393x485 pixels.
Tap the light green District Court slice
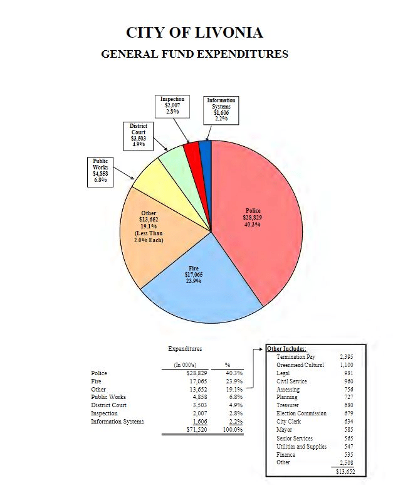pyautogui.click(x=172, y=157)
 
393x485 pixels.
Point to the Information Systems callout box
pyautogui.click(x=221, y=109)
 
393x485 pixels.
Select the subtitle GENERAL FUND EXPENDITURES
pyautogui.click(x=194, y=54)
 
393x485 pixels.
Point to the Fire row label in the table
pyautogui.click(x=96, y=381)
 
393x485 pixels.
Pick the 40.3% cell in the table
pyautogui.click(x=233, y=373)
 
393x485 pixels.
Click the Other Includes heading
pyautogui.click(x=286, y=348)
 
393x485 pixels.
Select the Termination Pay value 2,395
pyautogui.click(x=347, y=356)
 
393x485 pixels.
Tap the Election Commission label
pyautogui.click(x=301, y=413)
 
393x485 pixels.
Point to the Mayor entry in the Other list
pyautogui.click(x=285, y=430)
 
